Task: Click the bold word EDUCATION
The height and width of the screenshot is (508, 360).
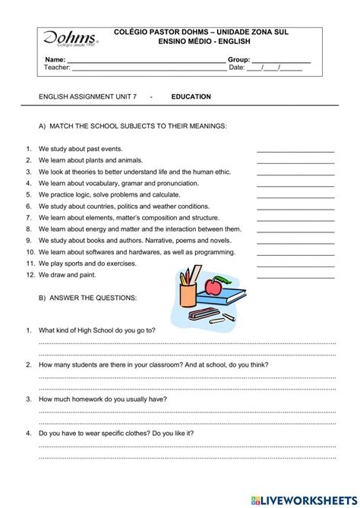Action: coord(191,96)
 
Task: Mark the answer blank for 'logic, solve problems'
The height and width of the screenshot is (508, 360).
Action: coord(295,196)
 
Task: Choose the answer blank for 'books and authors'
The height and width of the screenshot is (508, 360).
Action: coord(295,241)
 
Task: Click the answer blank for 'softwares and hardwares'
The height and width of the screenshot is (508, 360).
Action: coord(295,253)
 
